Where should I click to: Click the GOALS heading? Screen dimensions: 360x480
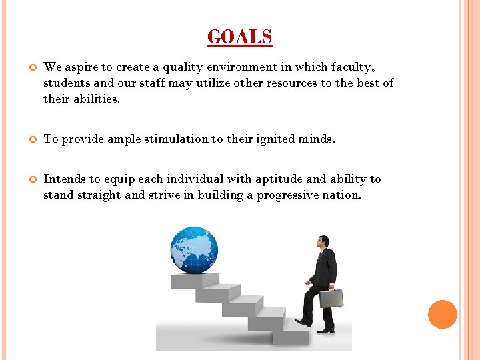pos(239,37)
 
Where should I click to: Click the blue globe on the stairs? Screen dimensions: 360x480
pos(194,250)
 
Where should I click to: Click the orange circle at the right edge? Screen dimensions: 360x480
pos(442,315)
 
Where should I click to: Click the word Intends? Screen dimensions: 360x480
pos(63,179)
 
